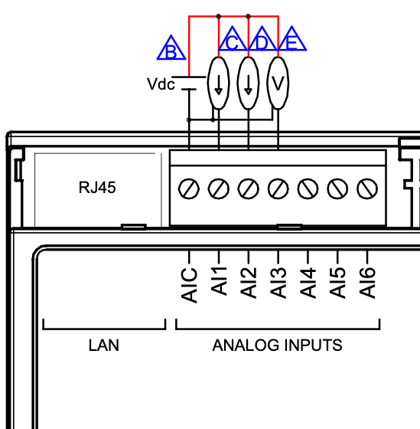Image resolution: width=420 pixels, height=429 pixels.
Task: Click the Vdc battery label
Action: pos(161,84)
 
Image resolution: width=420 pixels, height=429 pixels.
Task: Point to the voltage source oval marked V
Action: pos(278,83)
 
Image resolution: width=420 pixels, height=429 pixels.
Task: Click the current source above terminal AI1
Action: pos(218,83)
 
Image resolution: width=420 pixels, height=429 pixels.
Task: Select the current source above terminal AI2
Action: pos(248,83)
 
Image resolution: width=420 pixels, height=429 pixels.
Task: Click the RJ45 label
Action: pos(97,188)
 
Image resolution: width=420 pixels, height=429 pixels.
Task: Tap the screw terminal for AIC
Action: pos(188,188)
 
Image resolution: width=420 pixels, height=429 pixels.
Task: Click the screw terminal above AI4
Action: pos(308,188)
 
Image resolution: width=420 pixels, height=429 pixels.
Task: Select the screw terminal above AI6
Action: pos(367,188)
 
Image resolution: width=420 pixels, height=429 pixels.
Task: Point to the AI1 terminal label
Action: pos(219,281)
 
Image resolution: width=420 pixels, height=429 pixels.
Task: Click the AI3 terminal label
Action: pos(278,283)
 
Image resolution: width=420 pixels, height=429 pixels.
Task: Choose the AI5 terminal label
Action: pos(337,283)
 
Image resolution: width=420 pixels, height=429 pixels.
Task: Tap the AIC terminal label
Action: pos(189,285)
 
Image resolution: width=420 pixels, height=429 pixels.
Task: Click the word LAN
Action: pos(104,345)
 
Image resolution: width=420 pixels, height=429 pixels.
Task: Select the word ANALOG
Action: pos(246,345)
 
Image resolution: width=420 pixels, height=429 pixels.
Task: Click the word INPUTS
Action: pos(313,345)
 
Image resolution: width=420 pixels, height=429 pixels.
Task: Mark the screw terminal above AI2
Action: pos(248,188)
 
